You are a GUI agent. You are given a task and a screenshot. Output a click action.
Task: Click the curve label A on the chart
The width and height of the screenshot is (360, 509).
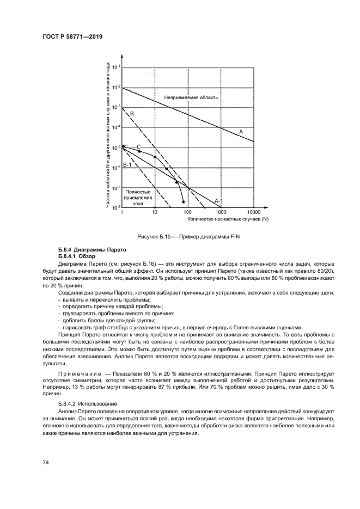(x=240, y=131)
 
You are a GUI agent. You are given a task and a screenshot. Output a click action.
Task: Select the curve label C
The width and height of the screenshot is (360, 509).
(x=138, y=147)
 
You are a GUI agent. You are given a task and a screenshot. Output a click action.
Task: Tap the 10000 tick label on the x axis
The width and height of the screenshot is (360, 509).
(x=254, y=212)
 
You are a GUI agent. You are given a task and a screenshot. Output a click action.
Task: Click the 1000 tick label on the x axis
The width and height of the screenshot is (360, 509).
(x=221, y=212)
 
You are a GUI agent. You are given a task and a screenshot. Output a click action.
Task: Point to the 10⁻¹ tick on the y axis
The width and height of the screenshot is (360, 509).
(x=116, y=68)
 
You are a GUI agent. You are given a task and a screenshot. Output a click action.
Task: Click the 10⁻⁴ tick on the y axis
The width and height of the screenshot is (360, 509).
(x=116, y=127)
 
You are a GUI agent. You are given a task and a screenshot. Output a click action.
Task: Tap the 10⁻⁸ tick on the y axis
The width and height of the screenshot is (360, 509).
(x=116, y=207)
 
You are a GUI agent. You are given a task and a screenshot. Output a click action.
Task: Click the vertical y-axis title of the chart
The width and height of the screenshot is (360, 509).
(x=108, y=136)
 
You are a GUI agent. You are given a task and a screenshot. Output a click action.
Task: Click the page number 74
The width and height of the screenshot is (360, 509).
(x=46, y=462)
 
